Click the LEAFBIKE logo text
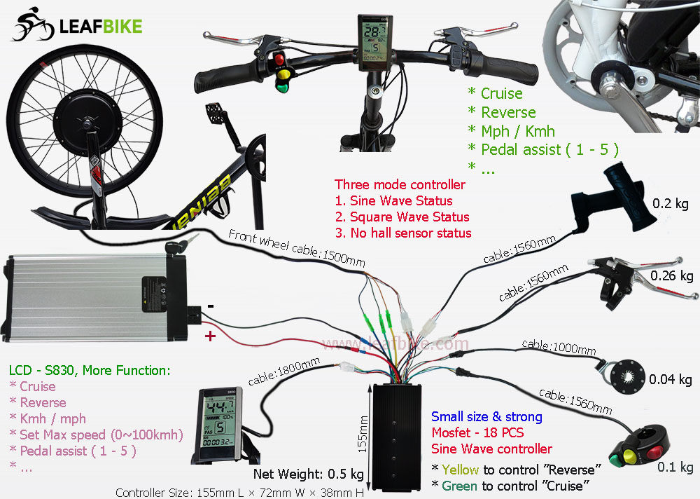coord(101,27)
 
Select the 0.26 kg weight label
coord(672,276)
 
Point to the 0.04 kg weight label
coord(671,380)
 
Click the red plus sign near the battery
coord(209,337)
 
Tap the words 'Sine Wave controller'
coord(491,449)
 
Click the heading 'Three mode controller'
coord(400,185)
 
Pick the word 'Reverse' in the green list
coord(508,112)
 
